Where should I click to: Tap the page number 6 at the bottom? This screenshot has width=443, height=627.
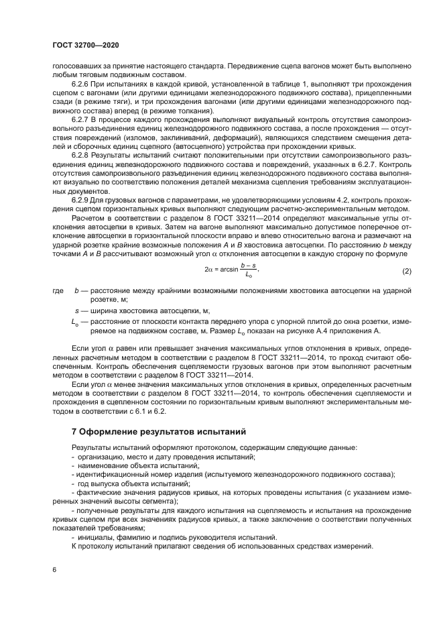(x=54, y=569)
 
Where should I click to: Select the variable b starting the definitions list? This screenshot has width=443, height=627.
(x=77, y=291)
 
